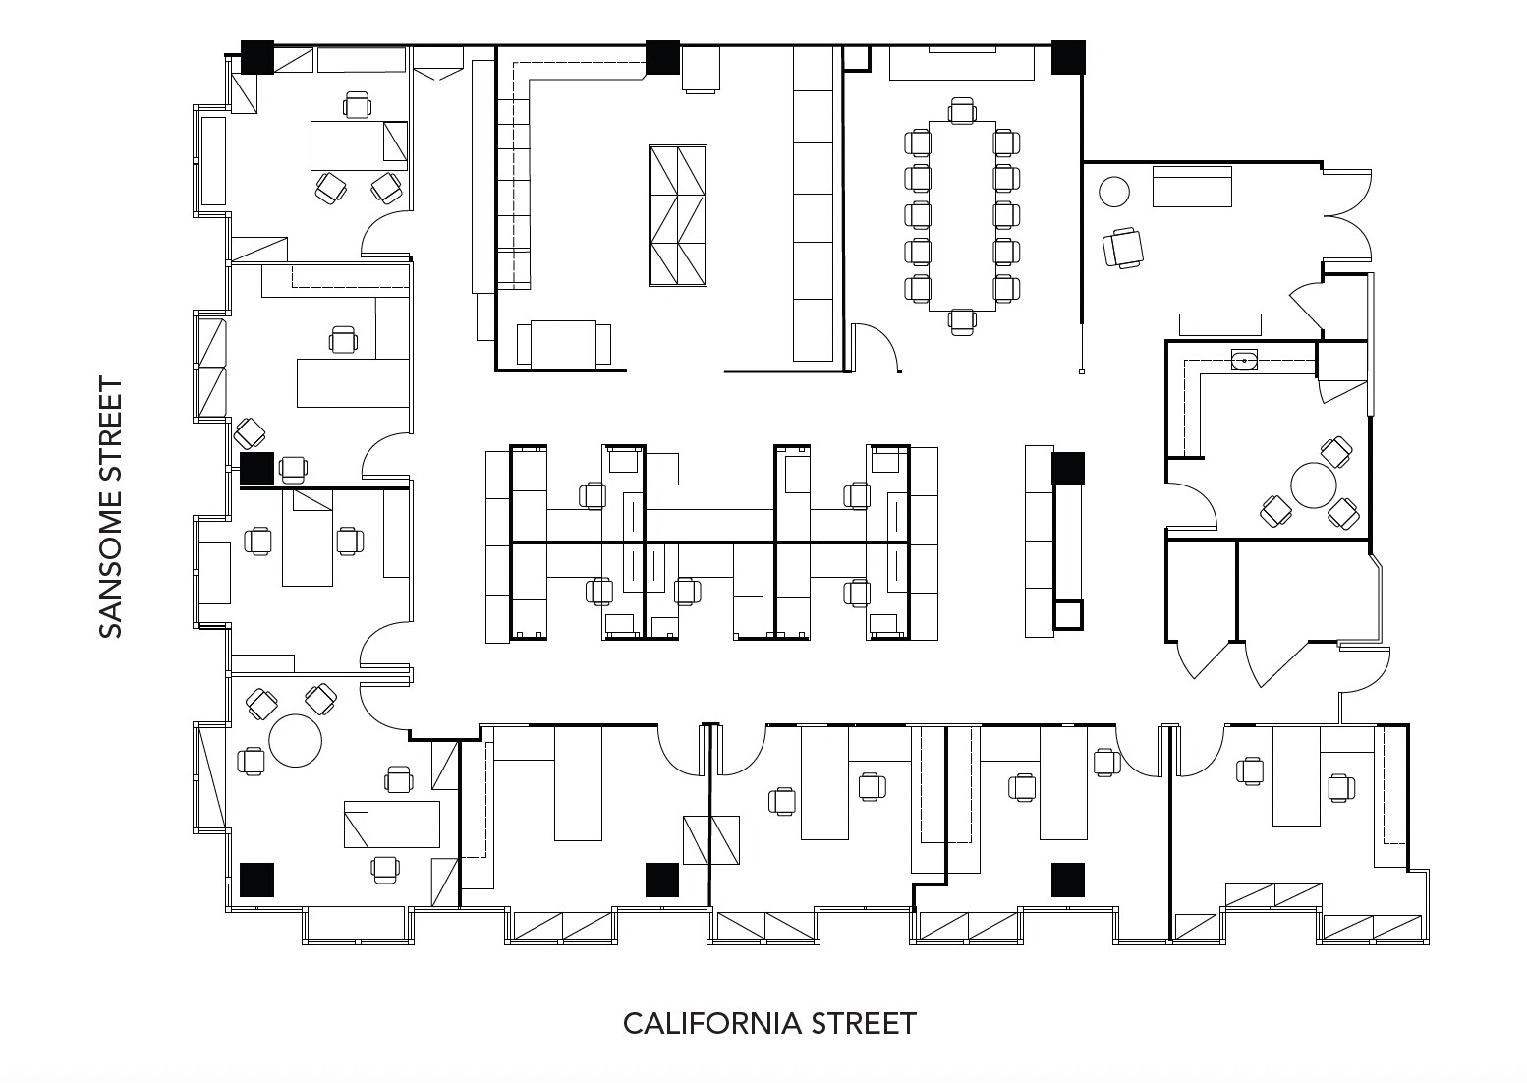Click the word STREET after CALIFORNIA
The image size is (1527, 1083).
click(864, 1024)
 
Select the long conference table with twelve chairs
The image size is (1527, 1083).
click(962, 215)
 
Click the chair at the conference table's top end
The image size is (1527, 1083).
click(962, 109)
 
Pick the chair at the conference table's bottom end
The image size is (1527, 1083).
click(962, 322)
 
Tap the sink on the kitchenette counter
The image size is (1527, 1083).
click(1245, 360)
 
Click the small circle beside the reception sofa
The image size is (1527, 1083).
click(1113, 191)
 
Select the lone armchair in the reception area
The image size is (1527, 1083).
click(1123, 247)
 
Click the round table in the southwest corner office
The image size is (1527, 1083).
click(296, 740)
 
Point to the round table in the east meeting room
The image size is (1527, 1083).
click(1315, 485)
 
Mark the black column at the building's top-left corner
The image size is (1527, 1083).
click(257, 57)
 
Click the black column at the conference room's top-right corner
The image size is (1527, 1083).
click(1068, 57)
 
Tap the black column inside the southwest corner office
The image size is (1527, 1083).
click(256, 880)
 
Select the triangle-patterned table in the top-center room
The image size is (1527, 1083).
click(678, 215)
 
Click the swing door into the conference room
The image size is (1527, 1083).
click(875, 346)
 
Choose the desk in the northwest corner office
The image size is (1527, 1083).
click(359, 145)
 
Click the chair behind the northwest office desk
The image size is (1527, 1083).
click(357, 104)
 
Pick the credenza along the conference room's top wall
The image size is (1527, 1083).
click(962, 64)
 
